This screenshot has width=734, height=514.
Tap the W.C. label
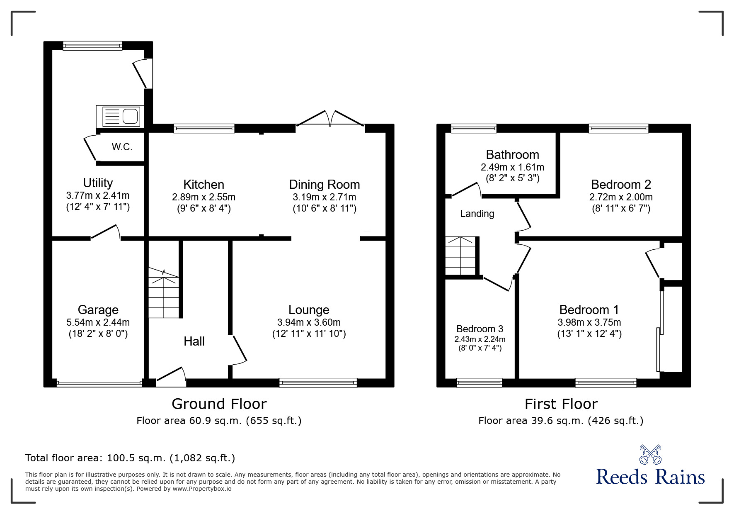[122, 147]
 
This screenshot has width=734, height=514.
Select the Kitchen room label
[203, 185]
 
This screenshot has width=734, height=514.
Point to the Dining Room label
[324, 185]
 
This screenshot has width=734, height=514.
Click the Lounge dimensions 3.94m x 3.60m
[309, 322]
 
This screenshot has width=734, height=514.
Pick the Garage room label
[98, 310]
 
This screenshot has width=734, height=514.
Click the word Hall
[194, 341]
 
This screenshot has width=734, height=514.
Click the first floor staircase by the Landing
[460, 256]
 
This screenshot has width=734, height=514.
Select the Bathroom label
[512, 155]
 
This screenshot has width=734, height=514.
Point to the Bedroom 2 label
[621, 185]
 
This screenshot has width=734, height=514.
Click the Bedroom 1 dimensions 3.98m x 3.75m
[589, 322]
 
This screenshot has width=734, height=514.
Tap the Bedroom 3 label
[480, 329]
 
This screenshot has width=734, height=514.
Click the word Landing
[477, 214]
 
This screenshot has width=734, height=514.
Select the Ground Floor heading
[219, 404]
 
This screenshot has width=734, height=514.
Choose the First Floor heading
[561, 404]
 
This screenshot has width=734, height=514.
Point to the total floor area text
[130, 458]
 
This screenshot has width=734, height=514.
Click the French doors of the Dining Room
[330, 119]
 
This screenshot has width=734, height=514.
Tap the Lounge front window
[318, 382]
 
